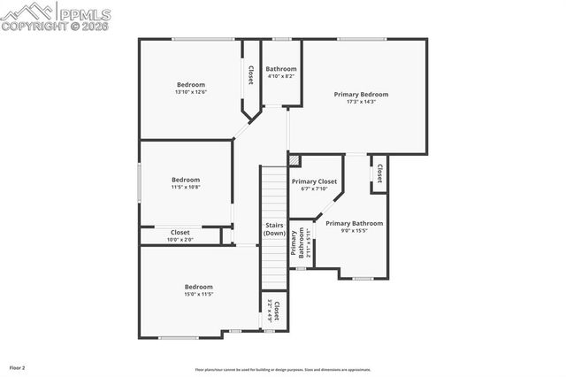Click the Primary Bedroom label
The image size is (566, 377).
point(360,94)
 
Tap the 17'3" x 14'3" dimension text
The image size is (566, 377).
point(360,102)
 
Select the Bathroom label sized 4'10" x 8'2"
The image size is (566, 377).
point(280,69)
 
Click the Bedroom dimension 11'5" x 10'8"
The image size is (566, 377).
point(186,187)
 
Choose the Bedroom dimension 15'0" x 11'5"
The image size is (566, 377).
point(199,294)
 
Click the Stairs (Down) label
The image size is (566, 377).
point(274,228)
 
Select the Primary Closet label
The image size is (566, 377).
point(314,181)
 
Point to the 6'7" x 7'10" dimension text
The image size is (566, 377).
point(314,188)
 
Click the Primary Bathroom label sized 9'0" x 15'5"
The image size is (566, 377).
point(354,223)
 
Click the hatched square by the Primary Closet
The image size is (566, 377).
point(294,160)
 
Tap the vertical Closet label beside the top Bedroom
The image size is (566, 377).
point(250,74)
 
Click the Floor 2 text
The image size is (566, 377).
point(18,366)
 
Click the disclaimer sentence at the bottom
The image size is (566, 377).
point(283,370)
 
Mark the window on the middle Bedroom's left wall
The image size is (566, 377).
point(139,184)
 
